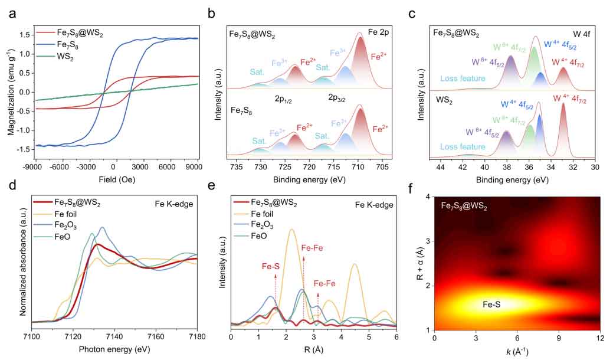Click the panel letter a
(x=12, y=13)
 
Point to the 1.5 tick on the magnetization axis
(x=22, y=35)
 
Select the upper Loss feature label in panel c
(x=463, y=78)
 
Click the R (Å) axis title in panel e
(x=313, y=349)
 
